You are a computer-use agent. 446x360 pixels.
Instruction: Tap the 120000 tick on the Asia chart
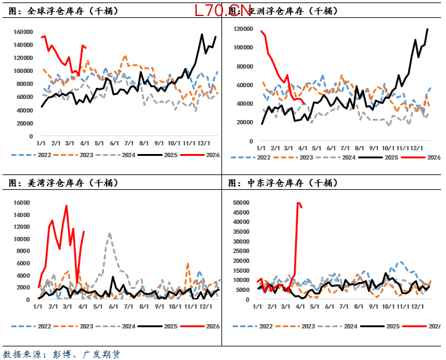[x=242, y=28]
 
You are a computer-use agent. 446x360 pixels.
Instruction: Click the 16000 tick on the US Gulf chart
[x=22, y=203]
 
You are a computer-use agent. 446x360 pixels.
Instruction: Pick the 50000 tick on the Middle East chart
[x=242, y=203]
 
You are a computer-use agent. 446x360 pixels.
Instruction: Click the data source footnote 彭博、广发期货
[x=61, y=354]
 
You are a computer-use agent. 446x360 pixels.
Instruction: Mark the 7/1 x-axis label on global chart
[x=130, y=143]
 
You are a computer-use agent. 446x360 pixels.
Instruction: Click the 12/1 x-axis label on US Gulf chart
[x=205, y=306]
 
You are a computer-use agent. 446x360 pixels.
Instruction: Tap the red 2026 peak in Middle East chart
[x=298, y=202]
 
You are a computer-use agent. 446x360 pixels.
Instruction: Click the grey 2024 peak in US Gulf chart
[x=109, y=234]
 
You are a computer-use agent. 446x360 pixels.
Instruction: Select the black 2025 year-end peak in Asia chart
[x=427, y=29]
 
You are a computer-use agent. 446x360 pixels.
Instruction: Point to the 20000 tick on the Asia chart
[x=244, y=122]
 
